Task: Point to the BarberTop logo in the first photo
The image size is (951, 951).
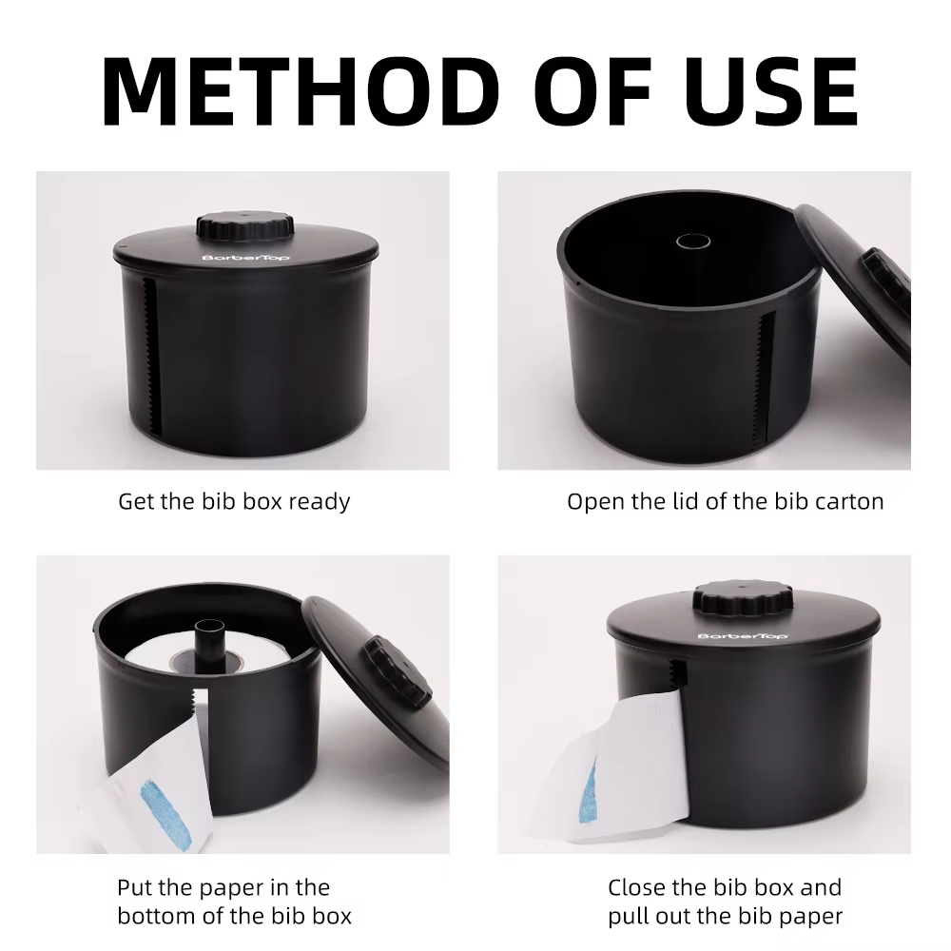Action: click(x=246, y=258)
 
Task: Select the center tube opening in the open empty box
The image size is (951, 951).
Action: click(x=692, y=242)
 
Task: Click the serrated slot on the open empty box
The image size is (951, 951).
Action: click(x=765, y=376)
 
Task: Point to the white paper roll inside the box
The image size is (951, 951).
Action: click(x=207, y=653)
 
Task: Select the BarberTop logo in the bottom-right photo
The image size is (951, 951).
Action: click(x=743, y=635)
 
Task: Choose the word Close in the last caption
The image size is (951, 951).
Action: click(x=639, y=887)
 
